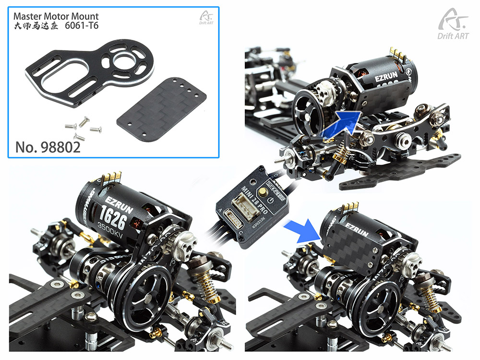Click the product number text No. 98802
point(48,146)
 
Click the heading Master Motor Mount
point(56,16)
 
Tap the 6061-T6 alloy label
point(82,25)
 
